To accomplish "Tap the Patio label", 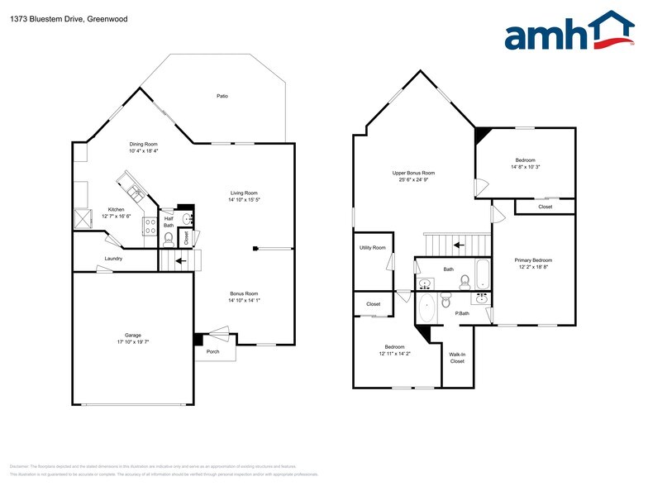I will [x=222, y=97].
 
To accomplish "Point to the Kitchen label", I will [x=117, y=209].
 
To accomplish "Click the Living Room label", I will [x=244, y=193].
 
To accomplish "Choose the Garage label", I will [x=133, y=335].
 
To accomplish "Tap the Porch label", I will [x=213, y=350].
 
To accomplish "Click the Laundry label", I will [x=114, y=259].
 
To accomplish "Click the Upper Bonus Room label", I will [x=413, y=173].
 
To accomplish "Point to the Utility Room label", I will [x=372, y=247].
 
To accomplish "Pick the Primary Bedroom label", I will [x=534, y=260].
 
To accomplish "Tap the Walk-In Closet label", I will [x=457, y=358].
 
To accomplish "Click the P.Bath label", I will [x=462, y=312].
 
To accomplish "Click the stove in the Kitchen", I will [x=150, y=226].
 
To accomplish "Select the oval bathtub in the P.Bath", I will [x=426, y=309].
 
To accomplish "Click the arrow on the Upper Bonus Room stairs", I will [x=458, y=245].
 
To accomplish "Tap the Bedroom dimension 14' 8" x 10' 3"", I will [x=526, y=167].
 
